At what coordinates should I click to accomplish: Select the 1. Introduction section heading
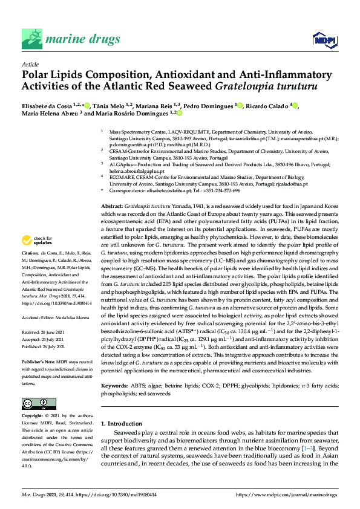[x=126, y=424]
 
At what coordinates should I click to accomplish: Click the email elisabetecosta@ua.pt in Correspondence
[x=162, y=190]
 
